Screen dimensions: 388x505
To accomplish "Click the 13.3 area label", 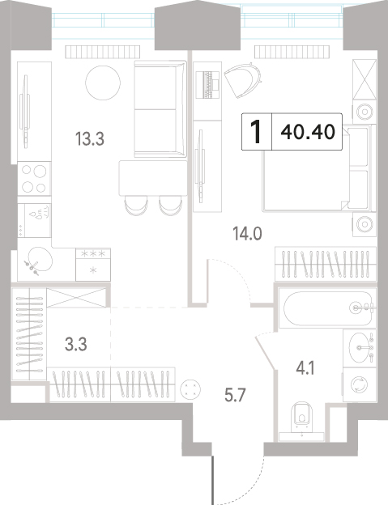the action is pyautogui.click(x=90, y=140).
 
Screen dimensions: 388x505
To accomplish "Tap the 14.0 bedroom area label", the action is pyautogui.click(x=247, y=234).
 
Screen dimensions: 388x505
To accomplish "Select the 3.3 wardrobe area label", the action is pyautogui.click(x=75, y=344).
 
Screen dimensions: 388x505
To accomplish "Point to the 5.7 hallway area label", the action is pyautogui.click(x=235, y=395).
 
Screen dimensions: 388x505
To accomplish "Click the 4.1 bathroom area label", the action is pyautogui.click(x=306, y=368).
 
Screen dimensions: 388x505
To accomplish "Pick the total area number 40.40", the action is pyautogui.click(x=308, y=132).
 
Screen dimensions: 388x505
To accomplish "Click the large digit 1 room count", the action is pyautogui.click(x=256, y=132).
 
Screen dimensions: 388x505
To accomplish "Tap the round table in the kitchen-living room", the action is pyautogui.click(x=103, y=83).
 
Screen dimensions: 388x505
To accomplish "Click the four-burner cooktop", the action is pyautogui.click(x=34, y=178).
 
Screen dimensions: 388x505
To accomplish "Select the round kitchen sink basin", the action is pyautogui.click(x=40, y=259).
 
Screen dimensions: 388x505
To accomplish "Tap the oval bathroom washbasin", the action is pyautogui.click(x=359, y=347).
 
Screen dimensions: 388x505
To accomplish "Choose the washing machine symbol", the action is pyautogui.click(x=360, y=385).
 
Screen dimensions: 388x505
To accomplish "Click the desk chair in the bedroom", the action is pyautogui.click(x=243, y=79).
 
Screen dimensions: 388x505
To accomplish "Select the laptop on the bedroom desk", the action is pyautogui.click(x=208, y=84).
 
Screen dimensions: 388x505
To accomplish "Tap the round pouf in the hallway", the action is pyautogui.click(x=190, y=388).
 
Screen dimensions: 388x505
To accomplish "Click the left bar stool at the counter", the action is pyautogui.click(x=136, y=206).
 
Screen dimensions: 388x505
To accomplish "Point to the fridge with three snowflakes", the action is pyautogui.click(x=93, y=265).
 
